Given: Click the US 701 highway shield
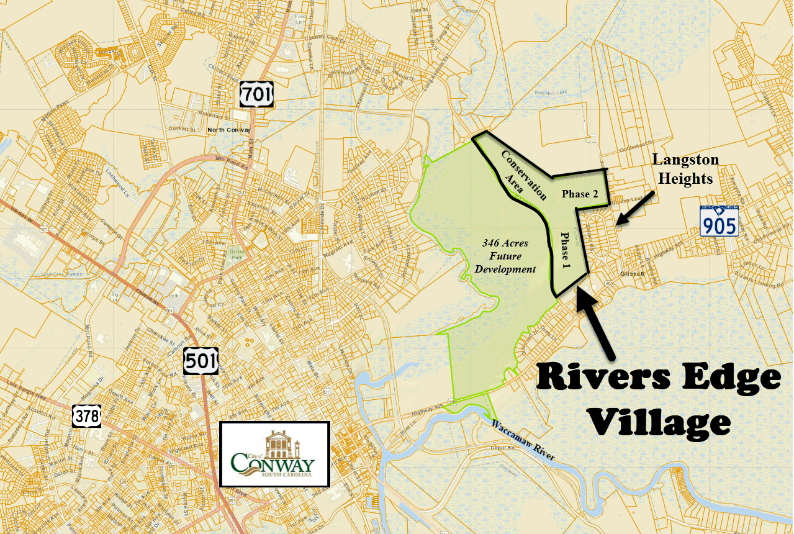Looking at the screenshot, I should [255, 94].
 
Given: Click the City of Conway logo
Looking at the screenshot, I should [274, 455].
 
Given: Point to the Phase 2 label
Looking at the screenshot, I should [580, 194].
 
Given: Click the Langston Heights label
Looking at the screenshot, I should [685, 169].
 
